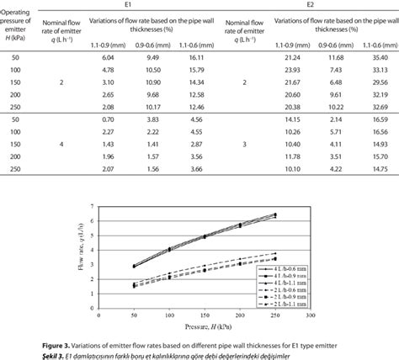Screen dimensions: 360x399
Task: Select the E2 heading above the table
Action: [x=310, y=5]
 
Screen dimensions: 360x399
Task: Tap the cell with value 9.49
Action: [x=152, y=56]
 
